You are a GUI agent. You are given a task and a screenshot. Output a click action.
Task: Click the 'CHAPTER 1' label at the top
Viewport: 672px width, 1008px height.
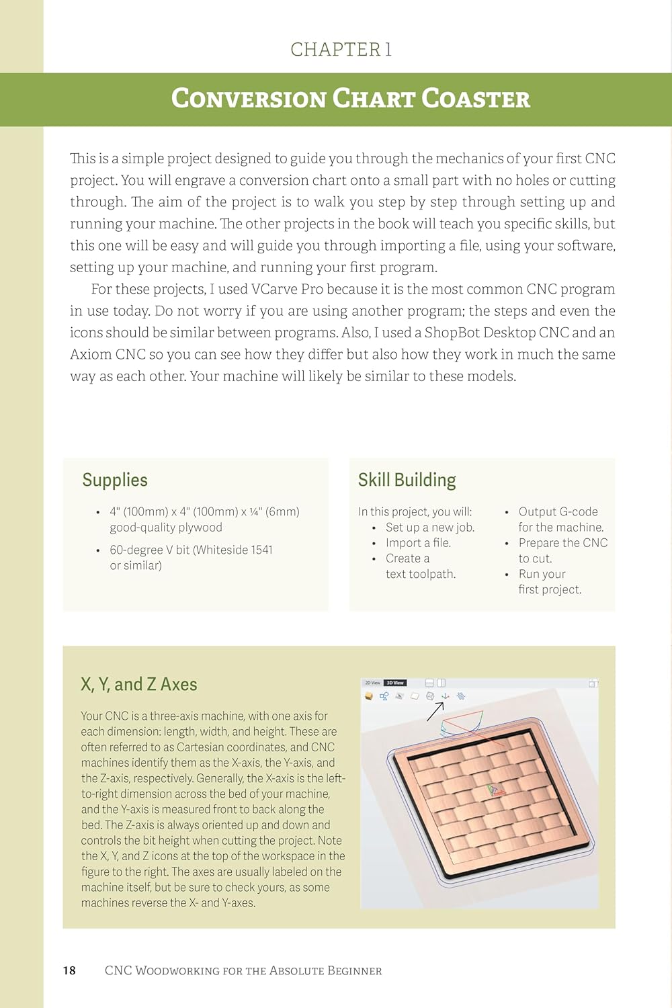[341, 49]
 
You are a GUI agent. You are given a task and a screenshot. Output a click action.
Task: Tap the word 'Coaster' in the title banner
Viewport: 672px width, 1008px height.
[476, 99]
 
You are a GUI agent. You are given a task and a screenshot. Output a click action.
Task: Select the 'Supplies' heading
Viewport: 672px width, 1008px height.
[115, 480]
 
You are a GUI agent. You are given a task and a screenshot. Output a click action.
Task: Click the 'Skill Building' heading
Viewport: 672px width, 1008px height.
[407, 480]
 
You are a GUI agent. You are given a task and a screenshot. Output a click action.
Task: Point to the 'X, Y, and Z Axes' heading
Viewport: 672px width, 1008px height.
[139, 684]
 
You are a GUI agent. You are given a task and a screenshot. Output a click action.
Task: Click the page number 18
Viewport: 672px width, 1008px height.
[69, 970]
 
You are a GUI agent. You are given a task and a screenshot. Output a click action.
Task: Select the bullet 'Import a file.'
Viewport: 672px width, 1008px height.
[418, 543]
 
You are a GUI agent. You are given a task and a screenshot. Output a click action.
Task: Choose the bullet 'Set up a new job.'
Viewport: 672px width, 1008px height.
[430, 528]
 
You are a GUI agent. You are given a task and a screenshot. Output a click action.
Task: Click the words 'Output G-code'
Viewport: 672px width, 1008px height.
[558, 512]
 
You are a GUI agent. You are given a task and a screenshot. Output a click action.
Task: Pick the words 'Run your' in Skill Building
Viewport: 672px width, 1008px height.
[542, 574]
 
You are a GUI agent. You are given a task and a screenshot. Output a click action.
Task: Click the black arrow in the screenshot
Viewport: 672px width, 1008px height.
[435, 711]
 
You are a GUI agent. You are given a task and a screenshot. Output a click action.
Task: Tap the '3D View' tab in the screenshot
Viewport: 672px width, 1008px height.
[394, 683]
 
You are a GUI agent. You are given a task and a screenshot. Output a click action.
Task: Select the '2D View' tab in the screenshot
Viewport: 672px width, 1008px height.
[372, 683]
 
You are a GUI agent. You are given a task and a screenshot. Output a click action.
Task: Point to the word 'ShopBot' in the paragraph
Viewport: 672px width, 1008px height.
[452, 333]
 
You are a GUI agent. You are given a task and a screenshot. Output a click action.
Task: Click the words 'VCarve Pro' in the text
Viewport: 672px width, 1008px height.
[287, 289]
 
